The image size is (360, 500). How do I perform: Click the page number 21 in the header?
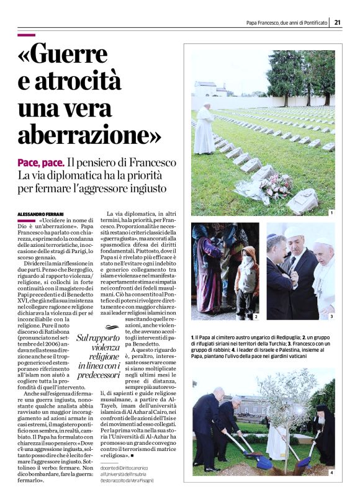pyautogui.click(x=338, y=23)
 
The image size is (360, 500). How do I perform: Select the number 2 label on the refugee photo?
pyautogui.click(x=255, y=316)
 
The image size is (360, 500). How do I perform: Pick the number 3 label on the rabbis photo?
pyautogui.click(x=331, y=316)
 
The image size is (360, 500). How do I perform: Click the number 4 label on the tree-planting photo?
pyautogui.click(x=331, y=473)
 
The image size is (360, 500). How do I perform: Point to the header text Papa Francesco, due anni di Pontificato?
pyautogui.click(x=286, y=23)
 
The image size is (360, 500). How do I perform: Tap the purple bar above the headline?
pyautogui.click(x=27, y=35)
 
